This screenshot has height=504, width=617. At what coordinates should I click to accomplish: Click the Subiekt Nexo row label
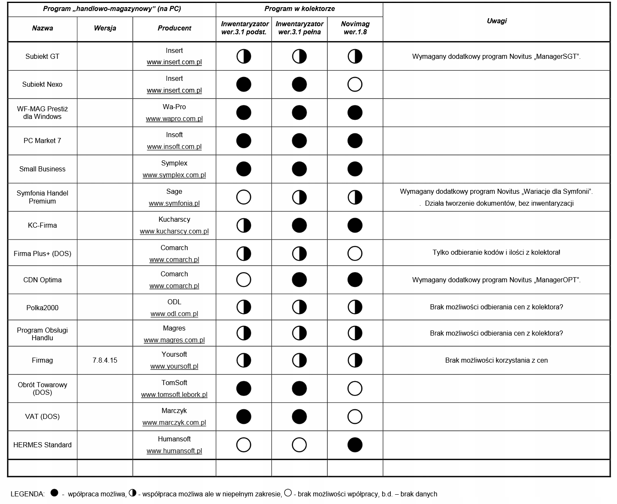(x=42, y=84)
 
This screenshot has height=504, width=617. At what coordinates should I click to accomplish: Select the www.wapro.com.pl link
(x=174, y=118)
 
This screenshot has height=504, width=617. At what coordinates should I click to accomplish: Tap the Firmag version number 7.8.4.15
(x=105, y=361)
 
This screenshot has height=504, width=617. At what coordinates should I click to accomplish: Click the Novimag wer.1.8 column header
(x=355, y=28)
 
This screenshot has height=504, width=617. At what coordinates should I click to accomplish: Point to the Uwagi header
(x=496, y=21)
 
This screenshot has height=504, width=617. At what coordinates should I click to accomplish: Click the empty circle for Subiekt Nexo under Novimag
(x=355, y=85)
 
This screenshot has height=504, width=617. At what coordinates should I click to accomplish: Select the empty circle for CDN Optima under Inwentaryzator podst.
(x=244, y=280)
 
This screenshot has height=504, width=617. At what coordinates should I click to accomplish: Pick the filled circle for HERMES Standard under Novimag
(x=355, y=445)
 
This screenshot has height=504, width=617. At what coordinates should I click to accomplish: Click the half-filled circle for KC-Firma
(x=244, y=226)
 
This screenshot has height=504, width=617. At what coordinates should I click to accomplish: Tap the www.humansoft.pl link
(x=174, y=451)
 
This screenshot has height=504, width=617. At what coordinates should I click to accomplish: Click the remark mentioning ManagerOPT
(x=496, y=280)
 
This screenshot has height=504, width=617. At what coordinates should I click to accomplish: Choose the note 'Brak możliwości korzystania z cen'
(x=496, y=361)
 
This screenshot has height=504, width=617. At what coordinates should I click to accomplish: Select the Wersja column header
(x=105, y=28)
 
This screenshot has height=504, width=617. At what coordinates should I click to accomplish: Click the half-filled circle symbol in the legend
(x=133, y=493)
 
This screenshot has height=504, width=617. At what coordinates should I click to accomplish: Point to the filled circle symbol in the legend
(x=54, y=493)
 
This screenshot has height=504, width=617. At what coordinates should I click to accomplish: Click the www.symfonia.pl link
(x=174, y=203)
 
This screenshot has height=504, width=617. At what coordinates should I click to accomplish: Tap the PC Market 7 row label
(x=42, y=140)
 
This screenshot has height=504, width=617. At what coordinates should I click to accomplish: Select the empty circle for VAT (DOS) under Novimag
(x=355, y=417)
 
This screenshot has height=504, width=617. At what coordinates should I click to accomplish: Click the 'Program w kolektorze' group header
(x=299, y=8)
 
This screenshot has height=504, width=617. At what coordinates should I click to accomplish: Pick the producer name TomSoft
(x=174, y=383)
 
